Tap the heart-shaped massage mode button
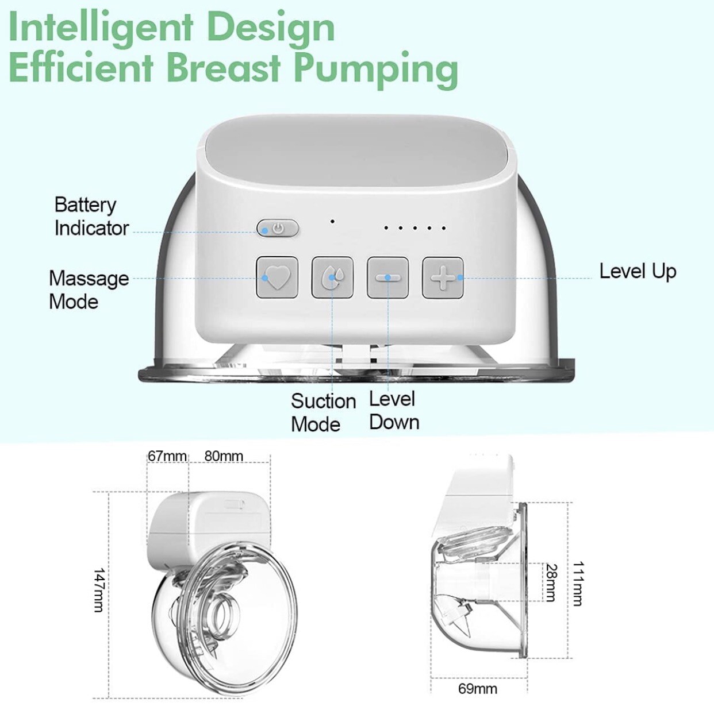pos(277,277)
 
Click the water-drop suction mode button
pos(332,277)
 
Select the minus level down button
pos(387,277)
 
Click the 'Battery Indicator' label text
pos(91,217)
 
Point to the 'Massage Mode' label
pos(89,290)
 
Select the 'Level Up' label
pos(638,272)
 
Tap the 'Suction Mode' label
pos(324,412)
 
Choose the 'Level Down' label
pos(394,411)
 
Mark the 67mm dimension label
pos(167,456)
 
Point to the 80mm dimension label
pos(224,456)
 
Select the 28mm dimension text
pos(551,582)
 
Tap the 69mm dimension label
pos(478,689)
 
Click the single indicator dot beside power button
pos(332,222)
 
